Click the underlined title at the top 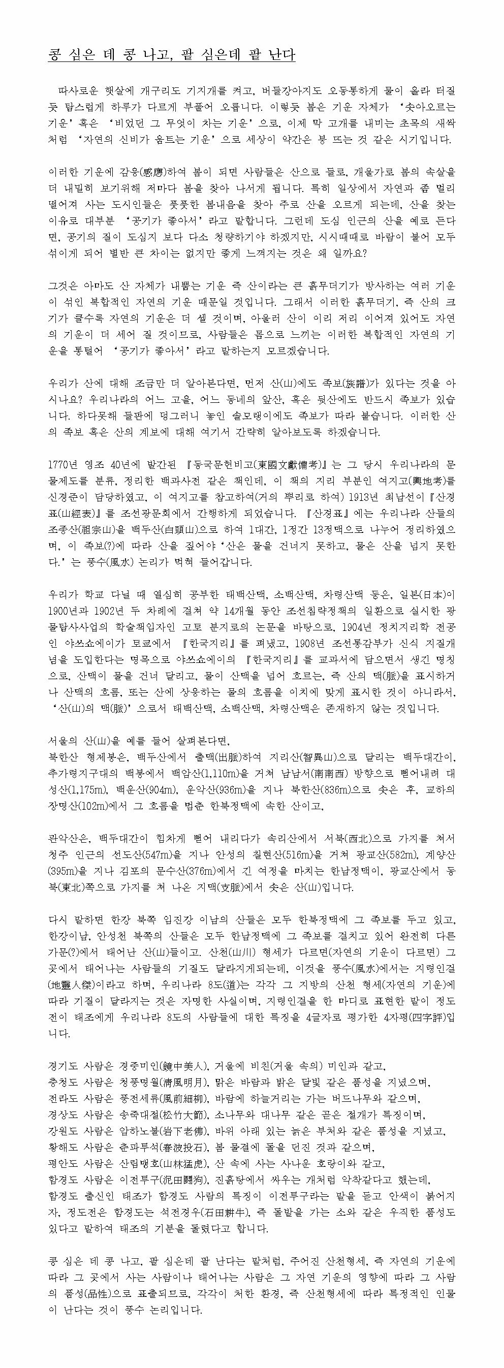point(172,55)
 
